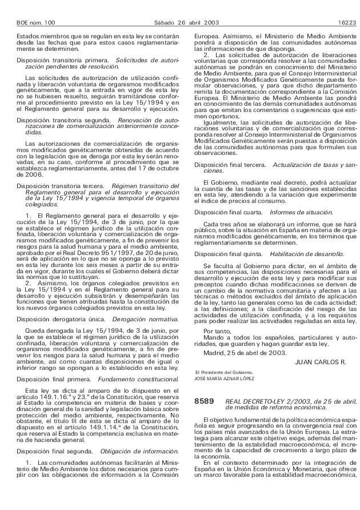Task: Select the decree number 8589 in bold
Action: click(204, 402)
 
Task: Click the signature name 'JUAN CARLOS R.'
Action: click(321, 361)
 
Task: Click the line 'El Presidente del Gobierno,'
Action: click(220, 372)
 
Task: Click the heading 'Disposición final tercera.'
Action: click(230, 164)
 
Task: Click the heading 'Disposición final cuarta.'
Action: click(229, 212)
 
